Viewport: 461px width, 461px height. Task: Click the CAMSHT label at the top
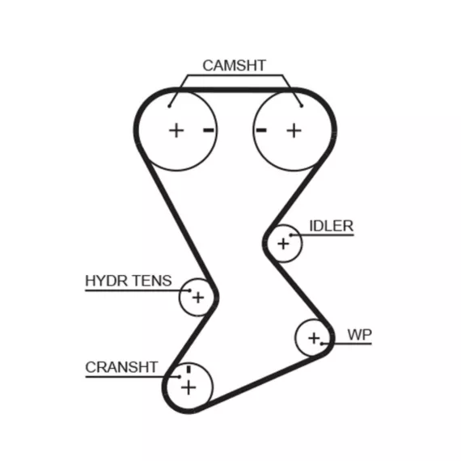pyautogui.click(x=235, y=66)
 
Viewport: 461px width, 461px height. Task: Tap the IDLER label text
pyautogui.click(x=332, y=226)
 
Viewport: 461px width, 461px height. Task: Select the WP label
pyautogui.click(x=360, y=335)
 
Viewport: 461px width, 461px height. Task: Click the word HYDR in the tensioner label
pyautogui.click(x=107, y=281)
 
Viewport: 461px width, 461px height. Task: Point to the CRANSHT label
pyautogui.click(x=121, y=367)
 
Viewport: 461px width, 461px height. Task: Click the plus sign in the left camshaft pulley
pyautogui.click(x=176, y=130)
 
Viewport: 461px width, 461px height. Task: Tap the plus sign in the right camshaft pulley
pyautogui.click(x=294, y=130)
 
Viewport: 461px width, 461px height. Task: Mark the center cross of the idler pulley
pyautogui.click(x=283, y=243)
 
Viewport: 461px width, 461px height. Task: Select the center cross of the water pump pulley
pyautogui.click(x=314, y=338)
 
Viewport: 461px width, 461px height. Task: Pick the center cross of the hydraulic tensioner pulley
pyautogui.click(x=198, y=298)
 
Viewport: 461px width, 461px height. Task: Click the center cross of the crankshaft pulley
pyautogui.click(x=188, y=387)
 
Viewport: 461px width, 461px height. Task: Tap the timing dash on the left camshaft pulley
pyautogui.click(x=209, y=130)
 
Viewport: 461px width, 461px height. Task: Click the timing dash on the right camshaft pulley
pyautogui.click(x=261, y=130)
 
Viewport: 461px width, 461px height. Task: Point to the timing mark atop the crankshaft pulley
pyautogui.click(x=188, y=369)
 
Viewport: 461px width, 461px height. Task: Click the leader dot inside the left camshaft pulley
pyautogui.click(x=169, y=106)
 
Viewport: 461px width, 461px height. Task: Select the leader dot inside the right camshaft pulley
pyautogui.click(x=302, y=106)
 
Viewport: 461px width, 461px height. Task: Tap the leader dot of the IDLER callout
pyautogui.click(x=291, y=235)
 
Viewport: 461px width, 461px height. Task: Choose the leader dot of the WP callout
pyautogui.click(x=322, y=344)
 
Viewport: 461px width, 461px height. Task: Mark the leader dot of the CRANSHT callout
pyautogui.click(x=180, y=377)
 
